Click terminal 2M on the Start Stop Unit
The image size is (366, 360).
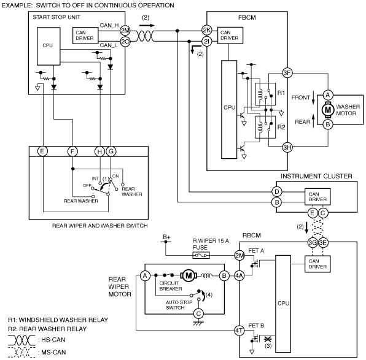125,31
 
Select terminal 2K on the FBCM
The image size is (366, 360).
207,30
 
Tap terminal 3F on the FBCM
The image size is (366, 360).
287,73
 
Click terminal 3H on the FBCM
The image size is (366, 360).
287,147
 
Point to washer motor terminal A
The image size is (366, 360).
328,95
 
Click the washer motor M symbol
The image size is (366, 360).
328,110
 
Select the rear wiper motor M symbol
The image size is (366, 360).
189,276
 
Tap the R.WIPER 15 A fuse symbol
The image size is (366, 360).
201,255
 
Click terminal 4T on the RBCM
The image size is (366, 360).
239,331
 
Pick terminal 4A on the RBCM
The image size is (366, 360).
239,276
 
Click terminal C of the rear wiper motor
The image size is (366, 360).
198,314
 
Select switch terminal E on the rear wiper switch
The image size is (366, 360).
42,151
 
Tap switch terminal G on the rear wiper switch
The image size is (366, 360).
111,151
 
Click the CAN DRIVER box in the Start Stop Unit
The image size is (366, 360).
85,36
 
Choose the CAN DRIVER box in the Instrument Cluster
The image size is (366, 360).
317,197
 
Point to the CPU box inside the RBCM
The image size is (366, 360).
283,304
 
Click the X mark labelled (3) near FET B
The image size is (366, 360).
268,339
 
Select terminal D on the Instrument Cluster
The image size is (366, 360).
277,192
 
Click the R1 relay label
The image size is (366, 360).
281,93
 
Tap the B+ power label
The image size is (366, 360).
166,237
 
